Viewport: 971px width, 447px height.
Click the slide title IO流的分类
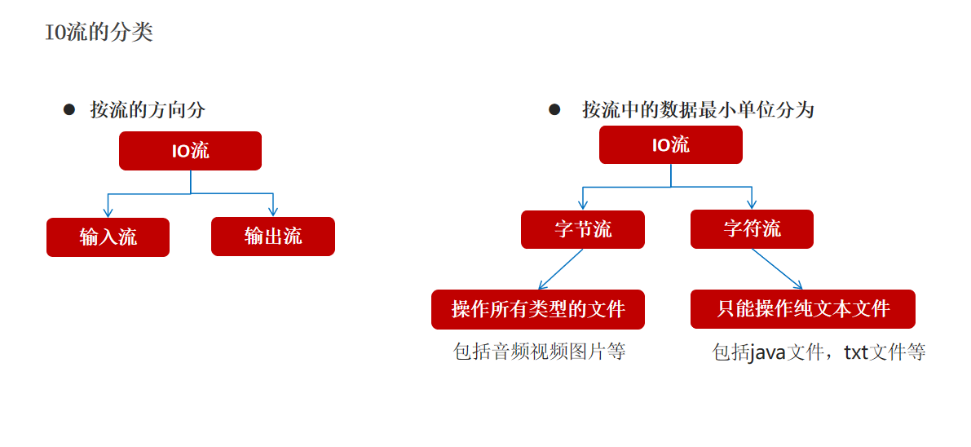pyautogui.click(x=99, y=33)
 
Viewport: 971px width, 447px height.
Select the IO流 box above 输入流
pyautogui.click(x=190, y=151)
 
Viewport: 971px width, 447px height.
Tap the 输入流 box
pyautogui.click(x=108, y=237)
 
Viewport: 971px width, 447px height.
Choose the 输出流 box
pyautogui.click(x=273, y=237)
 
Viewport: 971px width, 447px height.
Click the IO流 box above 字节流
pyautogui.click(x=670, y=145)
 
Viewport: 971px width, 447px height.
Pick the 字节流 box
pyautogui.click(x=583, y=229)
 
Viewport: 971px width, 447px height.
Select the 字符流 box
pyautogui.click(x=752, y=229)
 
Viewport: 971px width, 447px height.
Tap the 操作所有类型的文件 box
pyautogui.click(x=538, y=309)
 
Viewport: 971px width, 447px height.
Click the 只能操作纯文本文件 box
pyautogui.click(x=803, y=309)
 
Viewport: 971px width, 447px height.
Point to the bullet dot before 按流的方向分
pyautogui.click(x=69, y=109)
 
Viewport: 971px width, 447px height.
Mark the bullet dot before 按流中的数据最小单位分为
pyautogui.click(x=554, y=109)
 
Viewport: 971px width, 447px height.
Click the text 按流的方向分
pyautogui.click(x=147, y=110)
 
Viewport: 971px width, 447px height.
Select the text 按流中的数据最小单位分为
pyautogui.click(x=698, y=110)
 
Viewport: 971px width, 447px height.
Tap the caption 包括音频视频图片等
pyautogui.click(x=539, y=352)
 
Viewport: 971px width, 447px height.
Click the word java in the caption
pyautogui.click(x=767, y=352)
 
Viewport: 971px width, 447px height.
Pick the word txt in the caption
pyautogui.click(x=855, y=352)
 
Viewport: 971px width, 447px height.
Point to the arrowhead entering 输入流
pyautogui.click(x=108, y=212)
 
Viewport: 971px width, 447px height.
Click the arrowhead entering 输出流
pyautogui.click(x=273, y=211)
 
